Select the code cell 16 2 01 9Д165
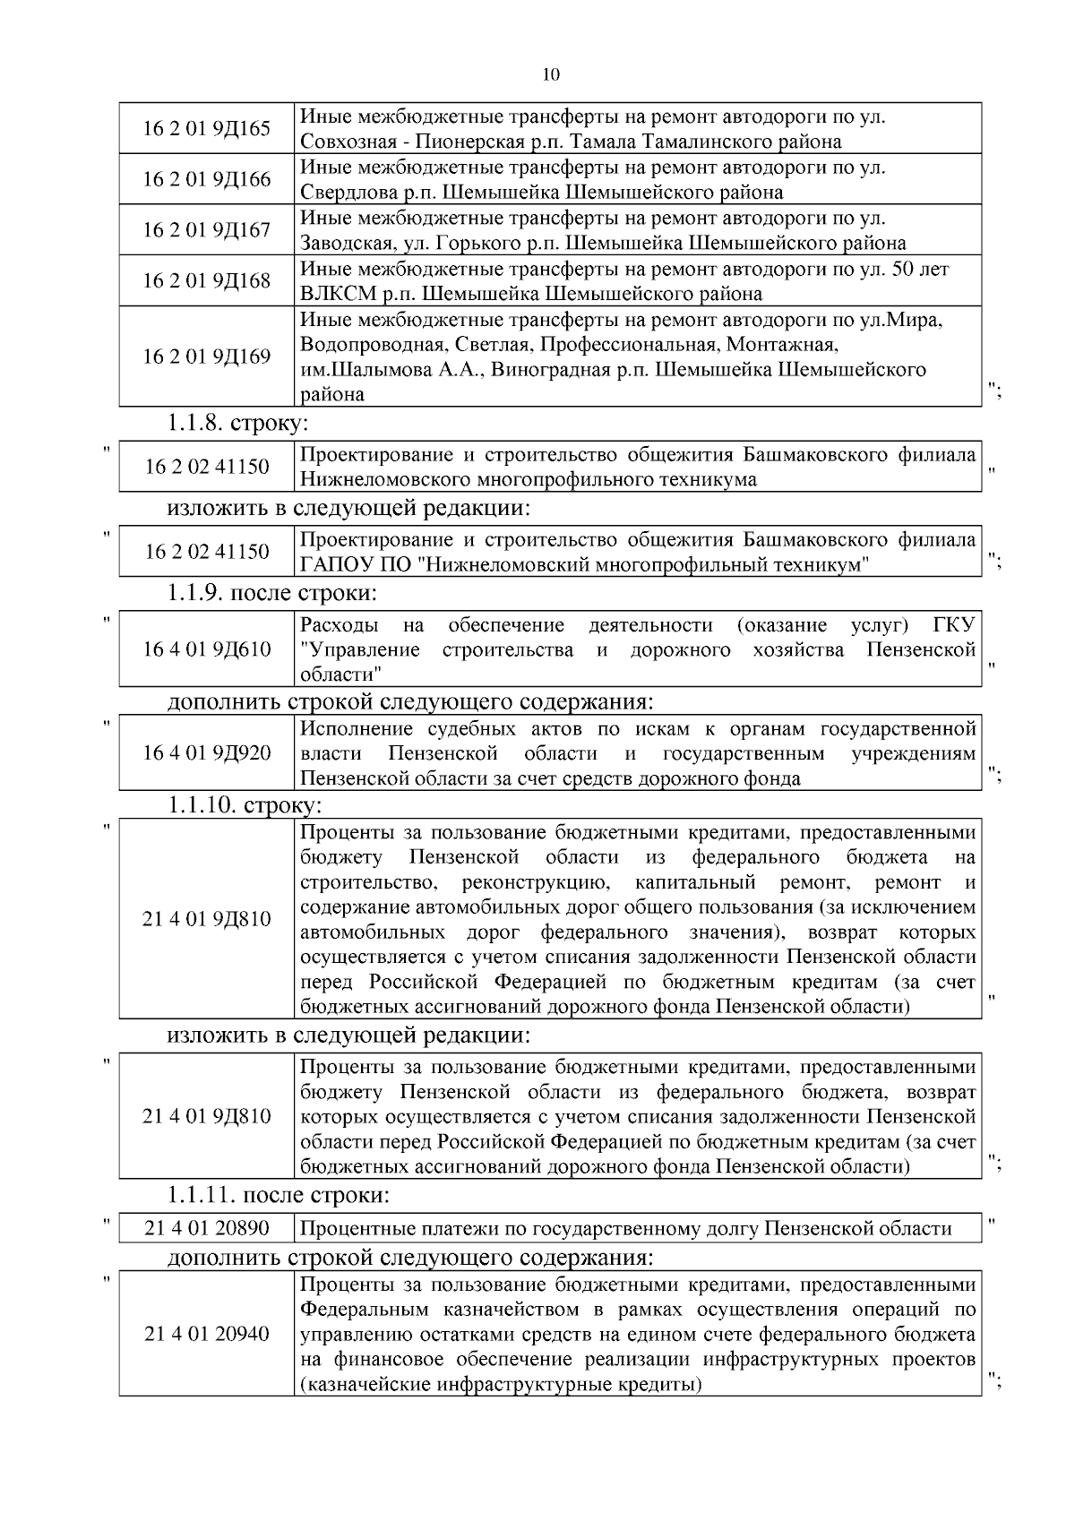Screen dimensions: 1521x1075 click(206, 128)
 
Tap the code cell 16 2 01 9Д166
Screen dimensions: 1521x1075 click(206, 179)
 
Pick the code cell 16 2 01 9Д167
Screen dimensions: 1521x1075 click(206, 230)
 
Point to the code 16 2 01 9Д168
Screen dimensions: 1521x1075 click(206, 281)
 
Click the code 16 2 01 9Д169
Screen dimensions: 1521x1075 click(206, 357)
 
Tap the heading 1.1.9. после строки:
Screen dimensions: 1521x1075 click(271, 593)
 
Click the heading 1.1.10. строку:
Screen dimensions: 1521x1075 click(245, 804)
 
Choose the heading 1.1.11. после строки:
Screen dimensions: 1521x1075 click(278, 1195)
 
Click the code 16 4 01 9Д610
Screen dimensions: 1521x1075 click(206, 649)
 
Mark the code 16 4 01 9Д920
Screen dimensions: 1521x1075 click(206, 753)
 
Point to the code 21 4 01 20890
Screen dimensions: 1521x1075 click(206, 1229)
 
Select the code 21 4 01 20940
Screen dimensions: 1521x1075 click(206, 1334)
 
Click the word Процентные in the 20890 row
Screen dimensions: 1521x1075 click(349, 1229)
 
